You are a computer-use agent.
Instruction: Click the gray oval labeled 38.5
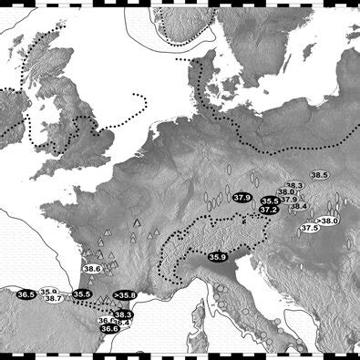pyautogui.click(x=319, y=175)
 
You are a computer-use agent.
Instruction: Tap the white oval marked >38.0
pyautogui.click(x=327, y=221)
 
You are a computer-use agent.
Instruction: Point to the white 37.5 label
pyautogui.click(x=310, y=228)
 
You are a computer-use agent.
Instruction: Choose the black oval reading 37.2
pyautogui.click(x=268, y=210)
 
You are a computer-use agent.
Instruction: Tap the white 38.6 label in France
pyautogui.click(x=92, y=269)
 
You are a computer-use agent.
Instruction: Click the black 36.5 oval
pyautogui.click(x=26, y=294)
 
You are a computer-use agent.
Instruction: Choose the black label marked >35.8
pyautogui.click(x=125, y=295)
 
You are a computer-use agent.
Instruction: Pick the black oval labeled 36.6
pyautogui.click(x=109, y=328)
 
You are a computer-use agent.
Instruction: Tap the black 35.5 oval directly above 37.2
pyautogui.click(x=269, y=201)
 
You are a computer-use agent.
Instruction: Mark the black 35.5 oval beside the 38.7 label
pyautogui.click(x=82, y=294)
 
